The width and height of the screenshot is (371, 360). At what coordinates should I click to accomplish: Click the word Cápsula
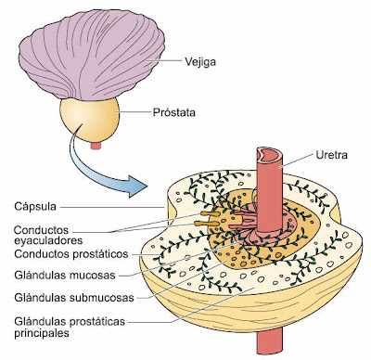(35, 205)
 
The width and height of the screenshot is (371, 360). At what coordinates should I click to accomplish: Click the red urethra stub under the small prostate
(94, 145)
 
